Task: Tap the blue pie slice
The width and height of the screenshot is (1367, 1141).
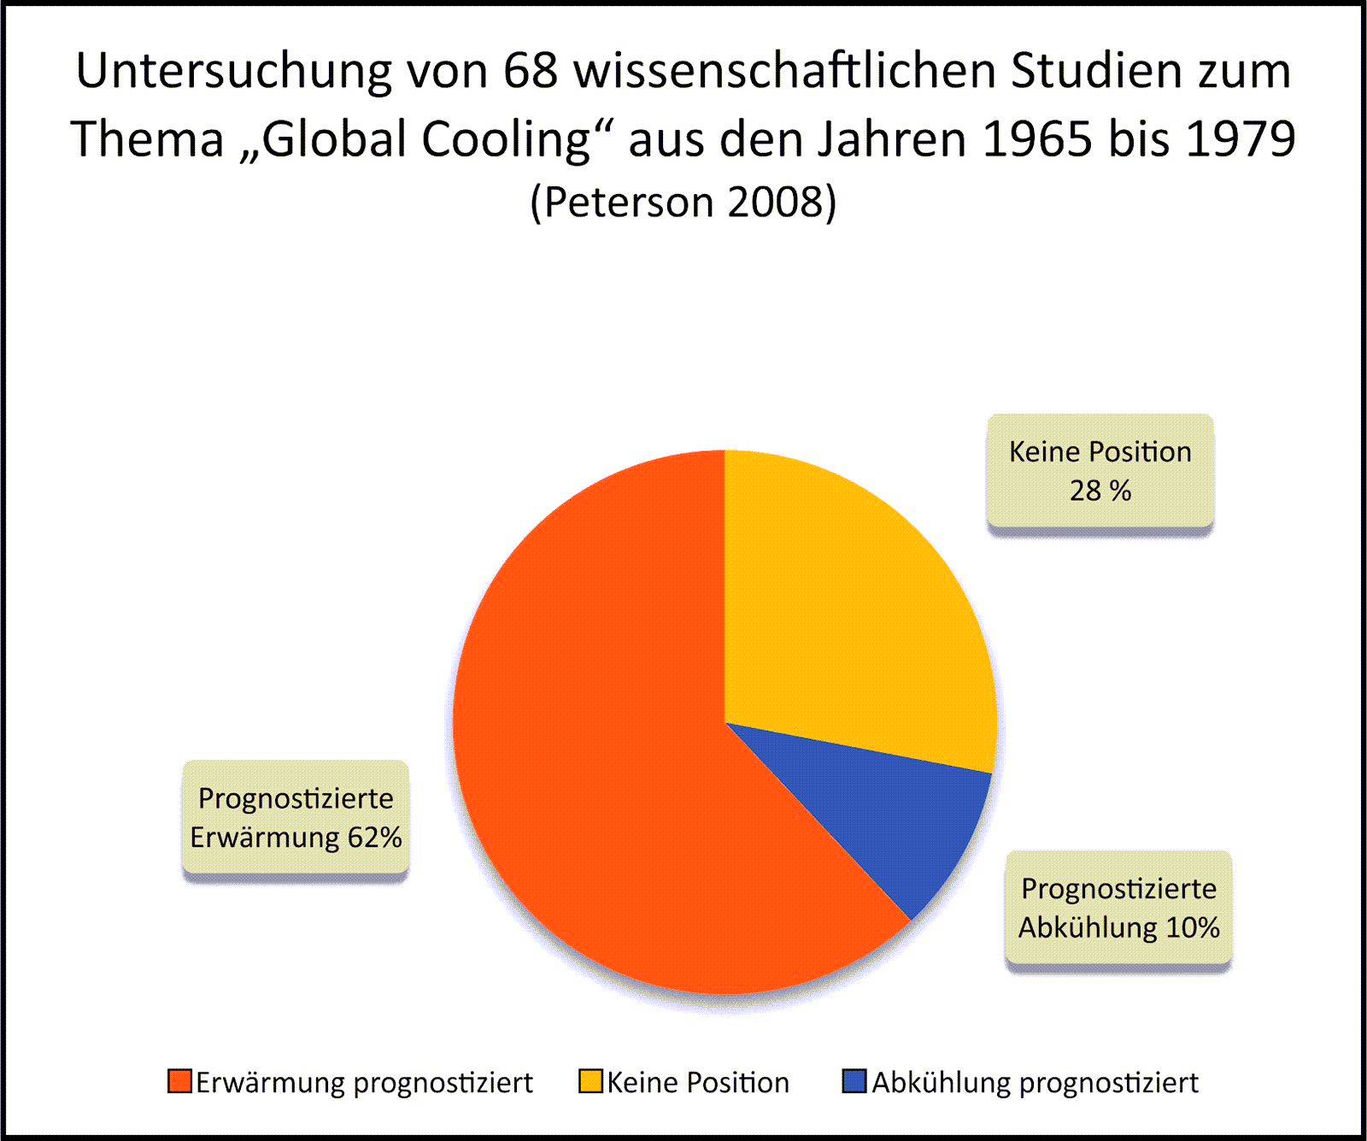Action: click(889, 812)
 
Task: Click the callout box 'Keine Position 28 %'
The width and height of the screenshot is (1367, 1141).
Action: click(1100, 471)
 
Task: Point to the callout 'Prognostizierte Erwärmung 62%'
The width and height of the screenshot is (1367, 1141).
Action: click(296, 817)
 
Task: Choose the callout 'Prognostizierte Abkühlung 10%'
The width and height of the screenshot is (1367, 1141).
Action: click(1118, 908)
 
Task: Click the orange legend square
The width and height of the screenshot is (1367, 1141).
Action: click(179, 1081)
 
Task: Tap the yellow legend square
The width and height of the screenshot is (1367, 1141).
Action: click(591, 1081)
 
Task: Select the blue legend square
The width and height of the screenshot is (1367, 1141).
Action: click(854, 1081)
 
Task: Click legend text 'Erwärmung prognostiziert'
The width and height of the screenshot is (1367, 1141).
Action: click(364, 1083)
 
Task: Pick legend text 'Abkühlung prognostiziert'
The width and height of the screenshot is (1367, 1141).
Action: click(1035, 1083)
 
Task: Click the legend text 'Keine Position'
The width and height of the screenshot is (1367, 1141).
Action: click(698, 1083)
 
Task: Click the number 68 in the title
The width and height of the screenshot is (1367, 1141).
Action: click(531, 71)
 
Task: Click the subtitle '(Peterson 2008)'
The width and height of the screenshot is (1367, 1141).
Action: click(683, 203)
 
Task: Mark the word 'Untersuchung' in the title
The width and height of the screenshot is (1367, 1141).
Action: click(233, 71)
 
